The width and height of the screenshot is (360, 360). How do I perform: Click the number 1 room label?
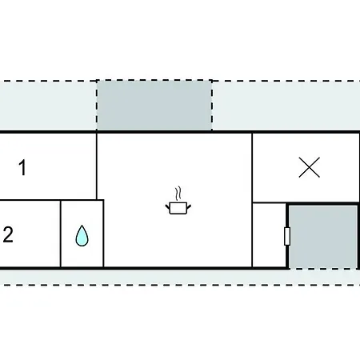point(23,167)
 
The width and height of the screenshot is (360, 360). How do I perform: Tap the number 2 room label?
point(8,234)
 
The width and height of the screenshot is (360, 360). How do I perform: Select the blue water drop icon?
point(82,235)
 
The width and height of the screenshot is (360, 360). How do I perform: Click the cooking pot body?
point(178,208)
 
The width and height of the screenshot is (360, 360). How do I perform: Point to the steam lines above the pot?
point(178,194)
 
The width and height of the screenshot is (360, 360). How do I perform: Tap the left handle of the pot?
point(167,206)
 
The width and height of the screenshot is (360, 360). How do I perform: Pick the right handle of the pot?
point(189,206)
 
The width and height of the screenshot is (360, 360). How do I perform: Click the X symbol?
point(310,167)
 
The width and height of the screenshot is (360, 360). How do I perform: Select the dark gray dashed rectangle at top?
point(154,105)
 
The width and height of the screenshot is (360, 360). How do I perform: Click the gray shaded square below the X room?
point(323,237)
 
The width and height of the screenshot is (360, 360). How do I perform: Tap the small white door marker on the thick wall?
point(287,236)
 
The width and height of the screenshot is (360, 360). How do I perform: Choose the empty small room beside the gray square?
point(269,235)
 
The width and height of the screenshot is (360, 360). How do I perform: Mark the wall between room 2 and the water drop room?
point(61,234)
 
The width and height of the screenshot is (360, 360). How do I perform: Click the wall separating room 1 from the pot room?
point(97,166)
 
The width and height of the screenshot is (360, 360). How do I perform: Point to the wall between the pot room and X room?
point(252,200)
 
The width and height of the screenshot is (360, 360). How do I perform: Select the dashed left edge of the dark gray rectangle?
point(97,105)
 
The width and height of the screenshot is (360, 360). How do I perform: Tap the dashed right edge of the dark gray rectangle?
point(212,105)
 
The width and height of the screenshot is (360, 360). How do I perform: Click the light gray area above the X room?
point(286,106)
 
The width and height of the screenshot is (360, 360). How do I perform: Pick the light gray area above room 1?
point(48,106)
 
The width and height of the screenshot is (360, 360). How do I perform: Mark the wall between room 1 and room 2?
point(48,200)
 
